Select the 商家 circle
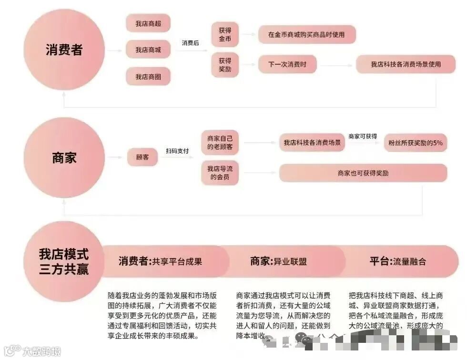(64, 158)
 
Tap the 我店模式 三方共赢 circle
(64, 261)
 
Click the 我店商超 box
(148, 23)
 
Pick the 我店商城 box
(148, 50)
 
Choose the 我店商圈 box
(148, 76)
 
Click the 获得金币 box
(225, 35)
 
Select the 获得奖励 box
(225, 64)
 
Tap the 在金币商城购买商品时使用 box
(306, 35)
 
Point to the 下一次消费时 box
(287, 64)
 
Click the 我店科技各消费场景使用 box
(406, 64)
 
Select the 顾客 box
(142, 157)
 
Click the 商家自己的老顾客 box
(220, 142)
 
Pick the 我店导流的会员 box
(220, 173)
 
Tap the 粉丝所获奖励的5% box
(416, 142)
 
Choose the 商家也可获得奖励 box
(363, 173)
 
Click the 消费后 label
(191, 43)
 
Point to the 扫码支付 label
(177, 151)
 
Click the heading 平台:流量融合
(398, 261)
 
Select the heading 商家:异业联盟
(279, 261)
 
